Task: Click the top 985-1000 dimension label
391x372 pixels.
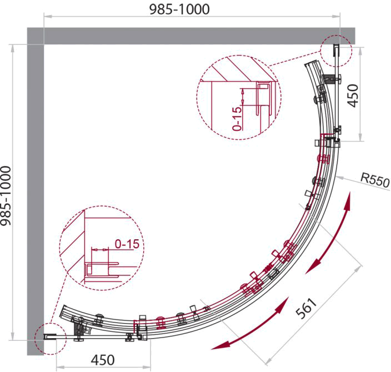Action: (179, 9)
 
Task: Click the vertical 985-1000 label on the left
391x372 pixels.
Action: (6, 196)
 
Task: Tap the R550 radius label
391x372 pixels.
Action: (375, 179)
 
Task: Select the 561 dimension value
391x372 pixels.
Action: (306, 308)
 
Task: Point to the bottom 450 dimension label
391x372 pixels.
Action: (103, 360)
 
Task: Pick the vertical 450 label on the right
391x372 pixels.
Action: (353, 95)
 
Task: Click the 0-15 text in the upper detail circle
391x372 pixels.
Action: (237, 118)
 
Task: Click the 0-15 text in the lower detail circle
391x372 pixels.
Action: (127, 244)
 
